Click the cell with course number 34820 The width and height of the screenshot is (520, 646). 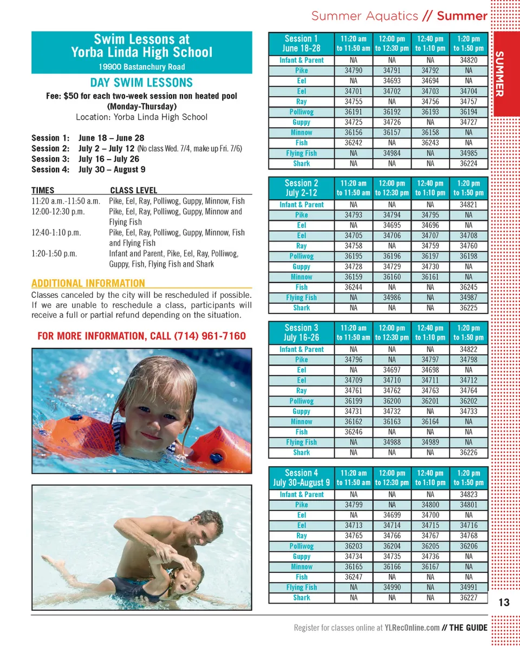click(468, 60)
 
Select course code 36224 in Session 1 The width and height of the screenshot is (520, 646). click(468, 163)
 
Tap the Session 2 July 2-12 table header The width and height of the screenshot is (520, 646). click(301, 188)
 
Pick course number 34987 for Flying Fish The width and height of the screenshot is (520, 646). click(468, 297)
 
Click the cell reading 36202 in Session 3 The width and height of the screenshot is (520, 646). click(468, 401)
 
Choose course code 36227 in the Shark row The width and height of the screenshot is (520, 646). click(468, 598)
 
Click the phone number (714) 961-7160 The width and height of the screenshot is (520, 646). click(210, 336)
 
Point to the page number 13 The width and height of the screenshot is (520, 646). click(504, 603)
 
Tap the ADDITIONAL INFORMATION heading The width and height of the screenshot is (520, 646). click(88, 283)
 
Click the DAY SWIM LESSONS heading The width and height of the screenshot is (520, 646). click(141, 83)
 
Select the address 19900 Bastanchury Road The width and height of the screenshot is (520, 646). click(141, 67)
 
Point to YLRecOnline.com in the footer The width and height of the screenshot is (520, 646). click(412, 628)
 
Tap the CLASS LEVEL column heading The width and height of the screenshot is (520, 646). click(133, 191)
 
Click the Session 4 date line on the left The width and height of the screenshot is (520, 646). click(88, 169)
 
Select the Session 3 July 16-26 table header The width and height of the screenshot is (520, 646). click(301, 332)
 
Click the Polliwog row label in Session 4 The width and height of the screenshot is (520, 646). click(301, 546)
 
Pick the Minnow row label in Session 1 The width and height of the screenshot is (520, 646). click(301, 132)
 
